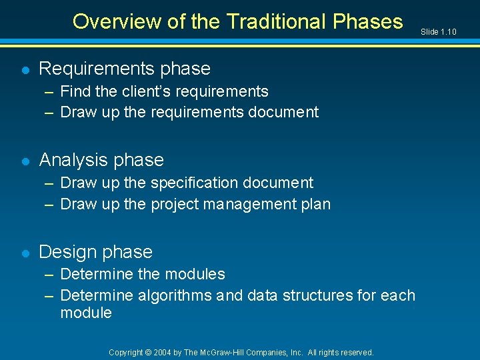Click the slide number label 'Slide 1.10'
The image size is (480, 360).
pyautogui.click(x=439, y=31)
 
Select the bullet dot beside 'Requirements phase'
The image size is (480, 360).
pyautogui.click(x=25, y=69)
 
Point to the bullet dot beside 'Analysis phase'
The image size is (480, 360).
pyautogui.click(x=25, y=161)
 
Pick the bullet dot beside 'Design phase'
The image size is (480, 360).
pyautogui.click(x=25, y=253)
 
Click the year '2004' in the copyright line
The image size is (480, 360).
pyautogui.click(x=162, y=352)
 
